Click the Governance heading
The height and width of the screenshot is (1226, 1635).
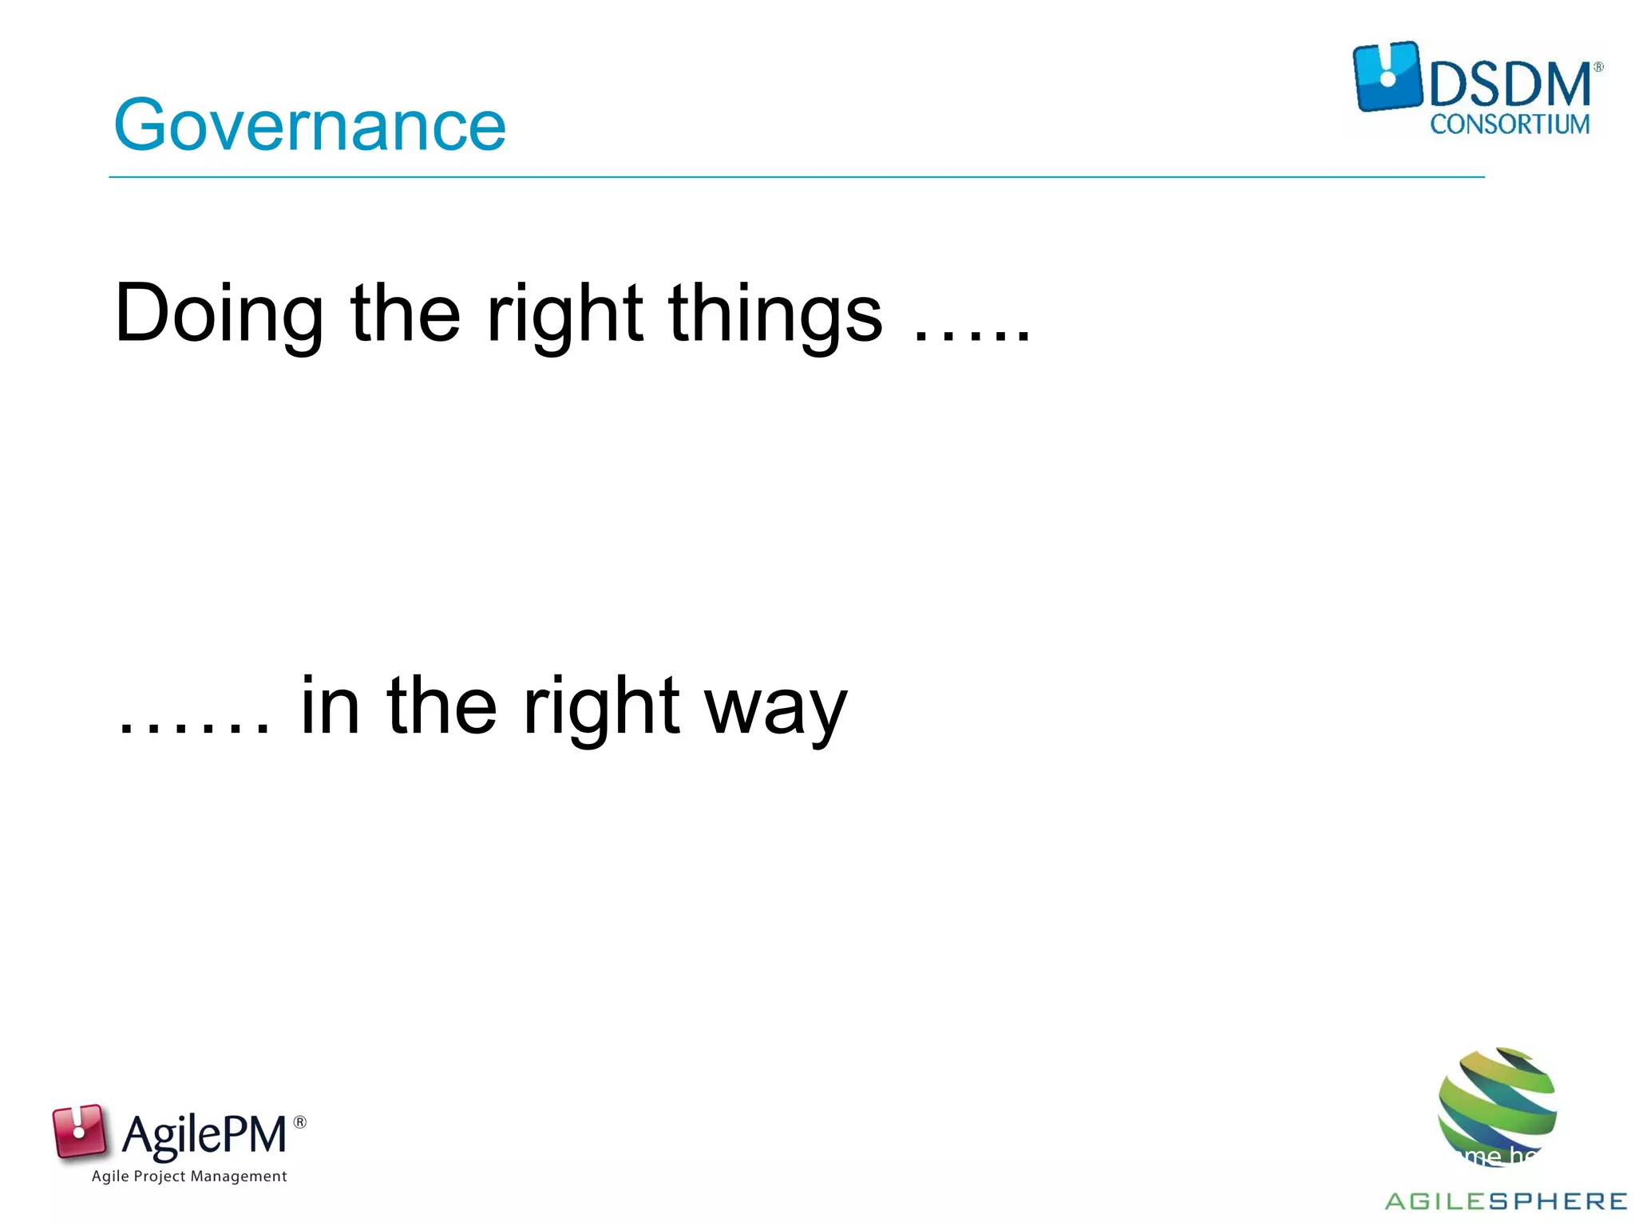pos(310,125)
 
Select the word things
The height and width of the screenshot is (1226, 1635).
pos(775,314)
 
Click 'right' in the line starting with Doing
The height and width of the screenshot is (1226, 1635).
pos(564,314)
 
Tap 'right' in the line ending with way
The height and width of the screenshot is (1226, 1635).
pos(601,707)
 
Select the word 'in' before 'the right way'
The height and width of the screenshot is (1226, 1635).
pos(330,706)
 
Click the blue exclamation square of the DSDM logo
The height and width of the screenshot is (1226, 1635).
pos(1388,77)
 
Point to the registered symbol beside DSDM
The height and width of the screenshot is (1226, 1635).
pos(1598,68)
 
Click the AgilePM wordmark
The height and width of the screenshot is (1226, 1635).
pos(204,1135)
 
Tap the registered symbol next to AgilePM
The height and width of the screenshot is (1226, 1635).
pos(300,1122)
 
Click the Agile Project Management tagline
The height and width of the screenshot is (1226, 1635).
pos(189,1177)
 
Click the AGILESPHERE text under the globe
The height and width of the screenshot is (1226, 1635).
pos(1506,1201)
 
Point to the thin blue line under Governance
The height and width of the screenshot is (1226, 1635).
pos(796,177)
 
